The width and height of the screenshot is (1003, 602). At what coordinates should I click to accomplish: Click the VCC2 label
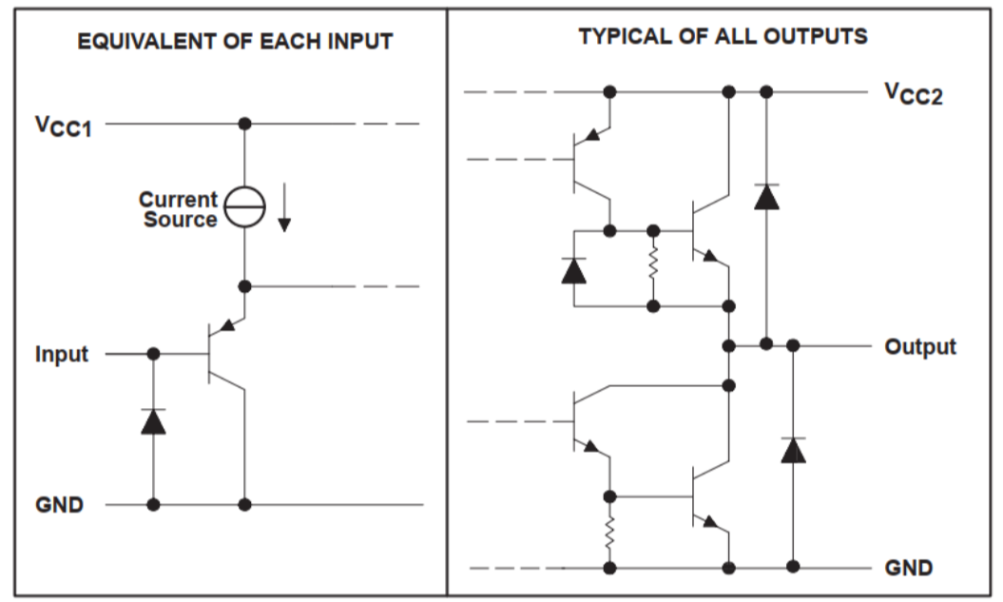913,93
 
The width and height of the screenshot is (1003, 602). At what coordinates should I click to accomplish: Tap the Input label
62,355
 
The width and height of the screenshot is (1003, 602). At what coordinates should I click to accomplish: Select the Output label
919,347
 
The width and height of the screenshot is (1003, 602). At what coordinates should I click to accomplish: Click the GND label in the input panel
60,505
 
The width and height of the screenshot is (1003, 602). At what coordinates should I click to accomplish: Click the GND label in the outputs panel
908,569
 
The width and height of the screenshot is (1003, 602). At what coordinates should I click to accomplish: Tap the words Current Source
179,210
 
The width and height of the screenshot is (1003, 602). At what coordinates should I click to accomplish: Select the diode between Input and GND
153,420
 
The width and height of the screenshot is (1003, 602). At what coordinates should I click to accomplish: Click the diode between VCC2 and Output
766,196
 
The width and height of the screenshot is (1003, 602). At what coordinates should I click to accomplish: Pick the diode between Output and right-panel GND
793,449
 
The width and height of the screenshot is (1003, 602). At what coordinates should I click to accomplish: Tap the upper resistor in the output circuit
653,268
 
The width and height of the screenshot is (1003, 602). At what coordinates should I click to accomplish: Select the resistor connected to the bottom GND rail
609,533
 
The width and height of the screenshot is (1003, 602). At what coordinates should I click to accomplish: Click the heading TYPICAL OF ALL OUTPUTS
723,36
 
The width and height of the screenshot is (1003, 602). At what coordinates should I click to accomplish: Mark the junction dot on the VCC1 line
244,124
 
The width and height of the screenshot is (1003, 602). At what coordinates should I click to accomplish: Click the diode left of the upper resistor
573,270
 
